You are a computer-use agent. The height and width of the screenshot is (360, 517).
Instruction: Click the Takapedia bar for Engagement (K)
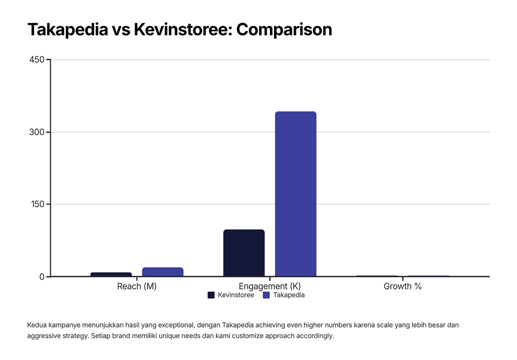(x=296, y=194)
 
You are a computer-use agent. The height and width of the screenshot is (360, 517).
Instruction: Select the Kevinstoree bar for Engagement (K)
(x=244, y=253)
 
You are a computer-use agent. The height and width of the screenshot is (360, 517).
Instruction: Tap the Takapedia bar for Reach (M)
(x=163, y=272)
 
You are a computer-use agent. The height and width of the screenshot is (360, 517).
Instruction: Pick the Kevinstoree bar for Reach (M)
(x=111, y=274)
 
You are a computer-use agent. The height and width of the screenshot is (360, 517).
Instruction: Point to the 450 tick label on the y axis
(x=37, y=60)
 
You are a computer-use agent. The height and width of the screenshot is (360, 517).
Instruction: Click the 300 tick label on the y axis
(x=37, y=132)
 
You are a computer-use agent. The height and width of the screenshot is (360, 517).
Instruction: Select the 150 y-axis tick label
(x=37, y=204)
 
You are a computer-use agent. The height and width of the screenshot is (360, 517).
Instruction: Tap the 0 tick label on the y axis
(x=41, y=277)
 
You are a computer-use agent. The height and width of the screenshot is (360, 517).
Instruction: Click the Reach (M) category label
(x=137, y=286)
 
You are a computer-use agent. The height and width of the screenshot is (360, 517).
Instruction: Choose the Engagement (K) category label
(x=270, y=286)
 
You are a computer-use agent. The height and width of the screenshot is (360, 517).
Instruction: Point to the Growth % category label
(x=402, y=286)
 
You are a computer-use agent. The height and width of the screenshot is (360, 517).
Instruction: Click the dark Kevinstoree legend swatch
(x=211, y=295)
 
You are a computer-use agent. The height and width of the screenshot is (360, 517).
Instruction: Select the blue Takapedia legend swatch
(x=266, y=295)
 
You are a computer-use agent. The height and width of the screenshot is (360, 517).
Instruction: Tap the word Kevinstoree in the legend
(x=236, y=295)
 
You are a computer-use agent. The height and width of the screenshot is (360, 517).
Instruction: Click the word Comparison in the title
(x=284, y=30)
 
